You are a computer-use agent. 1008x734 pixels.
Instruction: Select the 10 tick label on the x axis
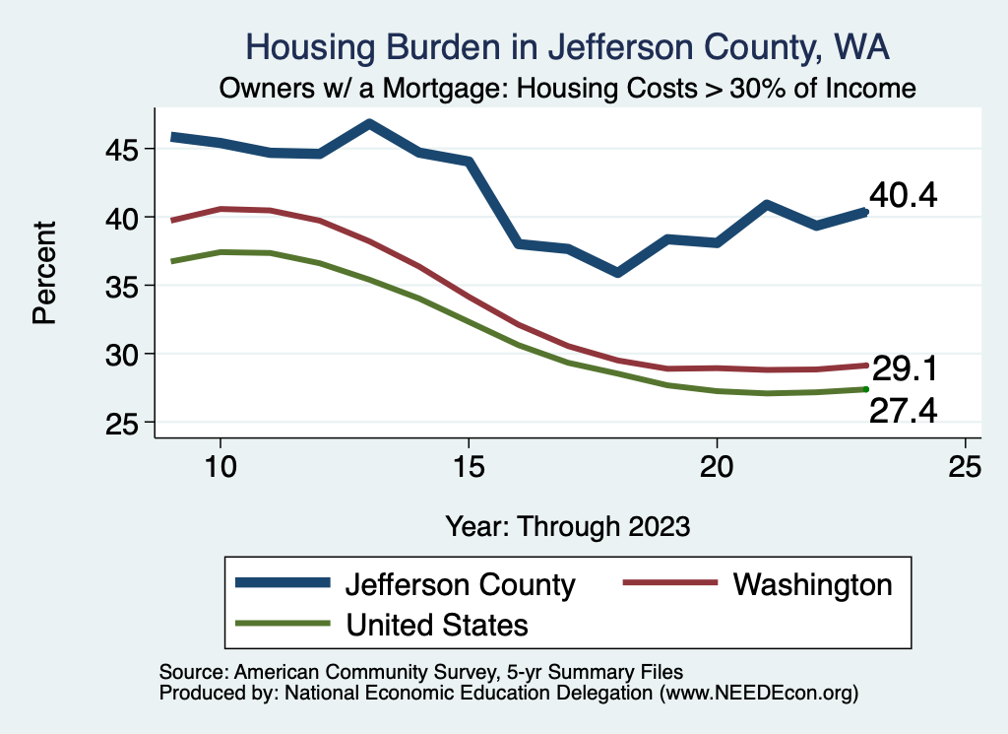point(220,467)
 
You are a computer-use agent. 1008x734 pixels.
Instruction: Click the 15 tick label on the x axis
point(469,467)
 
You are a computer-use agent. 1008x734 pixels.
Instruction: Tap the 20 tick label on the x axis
point(717,467)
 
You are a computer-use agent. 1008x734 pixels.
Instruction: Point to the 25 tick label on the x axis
point(965,467)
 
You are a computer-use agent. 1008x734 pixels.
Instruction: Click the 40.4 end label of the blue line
point(903,195)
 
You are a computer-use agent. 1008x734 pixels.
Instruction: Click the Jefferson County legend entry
point(459,584)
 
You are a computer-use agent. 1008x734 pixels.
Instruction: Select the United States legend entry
point(436,624)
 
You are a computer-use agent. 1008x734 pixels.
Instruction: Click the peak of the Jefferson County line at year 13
point(369,124)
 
